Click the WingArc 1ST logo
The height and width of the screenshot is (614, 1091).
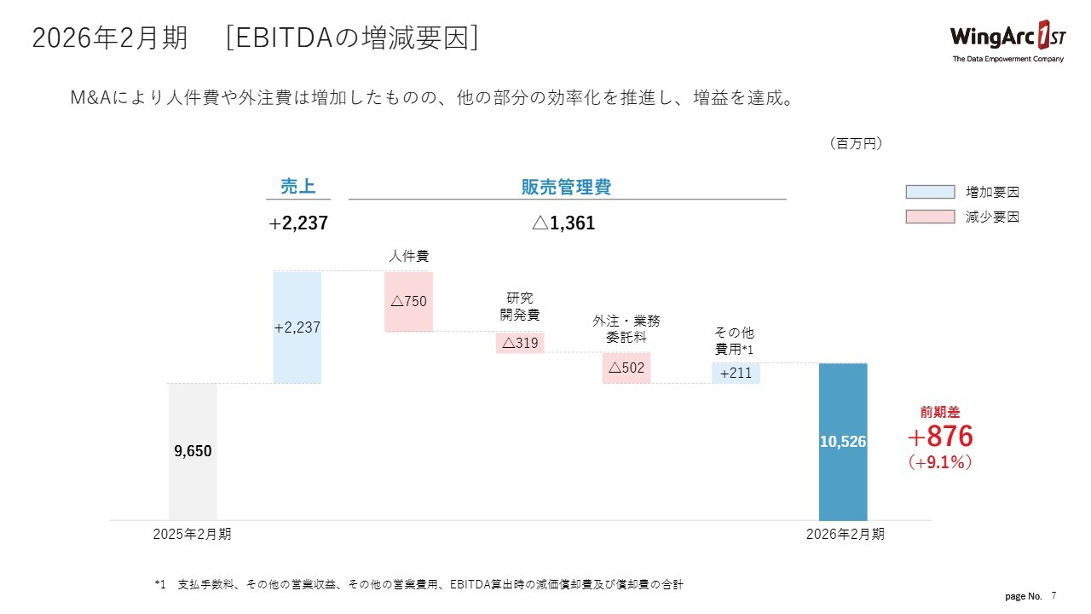(x=1007, y=39)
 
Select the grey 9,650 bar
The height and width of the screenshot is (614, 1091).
(x=193, y=451)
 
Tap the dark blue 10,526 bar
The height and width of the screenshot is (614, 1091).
(x=843, y=442)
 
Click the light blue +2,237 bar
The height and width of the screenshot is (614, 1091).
(x=297, y=327)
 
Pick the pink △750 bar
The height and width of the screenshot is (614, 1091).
(x=409, y=301)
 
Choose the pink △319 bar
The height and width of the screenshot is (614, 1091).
(x=520, y=343)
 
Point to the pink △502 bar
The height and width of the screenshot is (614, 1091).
(x=626, y=368)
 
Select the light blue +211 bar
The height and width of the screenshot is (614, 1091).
(x=736, y=373)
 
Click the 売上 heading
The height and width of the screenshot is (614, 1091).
(x=297, y=188)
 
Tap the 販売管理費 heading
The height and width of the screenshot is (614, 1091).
(x=566, y=188)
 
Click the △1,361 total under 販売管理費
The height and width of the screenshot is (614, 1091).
(x=563, y=223)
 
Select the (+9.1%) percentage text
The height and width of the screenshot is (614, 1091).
(x=940, y=462)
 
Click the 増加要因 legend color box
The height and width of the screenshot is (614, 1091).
(x=930, y=192)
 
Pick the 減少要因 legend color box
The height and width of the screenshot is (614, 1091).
(x=930, y=217)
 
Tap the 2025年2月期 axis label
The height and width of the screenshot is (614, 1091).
(x=192, y=535)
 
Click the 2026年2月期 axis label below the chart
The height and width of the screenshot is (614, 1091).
(x=845, y=535)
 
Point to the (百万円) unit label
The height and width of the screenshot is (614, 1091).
(x=856, y=144)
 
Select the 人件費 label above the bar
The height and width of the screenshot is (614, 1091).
(x=408, y=255)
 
